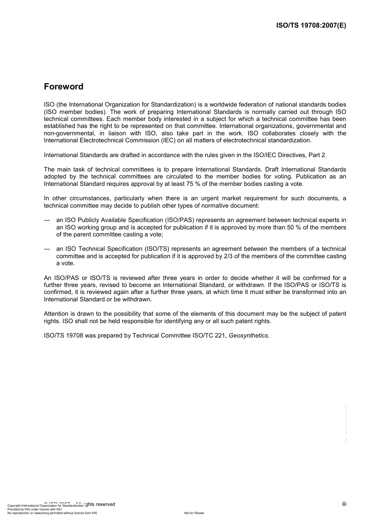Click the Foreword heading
click(x=63, y=86)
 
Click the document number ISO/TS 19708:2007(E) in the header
click(x=311, y=26)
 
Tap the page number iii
click(x=344, y=504)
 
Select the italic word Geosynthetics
click(x=248, y=336)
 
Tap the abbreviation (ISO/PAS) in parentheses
click(x=180, y=220)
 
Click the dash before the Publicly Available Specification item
click(x=47, y=220)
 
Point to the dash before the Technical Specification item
click(x=47, y=249)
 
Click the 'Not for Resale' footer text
click(x=194, y=513)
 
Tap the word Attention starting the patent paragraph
click(x=56, y=314)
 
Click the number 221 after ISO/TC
click(x=220, y=336)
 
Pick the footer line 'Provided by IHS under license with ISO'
click(x=35, y=509)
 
